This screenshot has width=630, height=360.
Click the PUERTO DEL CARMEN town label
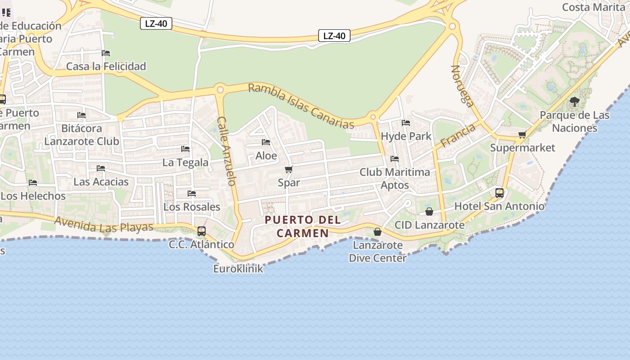coord(302,226)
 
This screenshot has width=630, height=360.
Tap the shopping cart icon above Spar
coord(289,169)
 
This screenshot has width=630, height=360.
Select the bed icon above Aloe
coord(266,142)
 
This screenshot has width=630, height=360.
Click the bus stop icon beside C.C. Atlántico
coord(202,231)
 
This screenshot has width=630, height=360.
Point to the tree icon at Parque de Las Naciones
coord(574,101)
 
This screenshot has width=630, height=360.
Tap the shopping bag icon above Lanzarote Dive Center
coord(378,232)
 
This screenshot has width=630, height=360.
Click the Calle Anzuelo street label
coord(226,151)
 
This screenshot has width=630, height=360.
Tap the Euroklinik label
coord(238,269)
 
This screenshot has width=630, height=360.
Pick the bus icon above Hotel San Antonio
coord(499,193)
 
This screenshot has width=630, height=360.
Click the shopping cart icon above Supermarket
coord(522,135)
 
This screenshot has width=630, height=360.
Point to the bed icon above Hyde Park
coord(406,122)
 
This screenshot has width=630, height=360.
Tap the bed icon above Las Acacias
coord(101,168)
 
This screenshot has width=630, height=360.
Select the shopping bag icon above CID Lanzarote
coord(429,211)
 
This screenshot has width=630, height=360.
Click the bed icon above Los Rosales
coord(192,193)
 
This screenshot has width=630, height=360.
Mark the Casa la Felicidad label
coord(106,67)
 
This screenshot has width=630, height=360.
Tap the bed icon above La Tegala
coord(185,149)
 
